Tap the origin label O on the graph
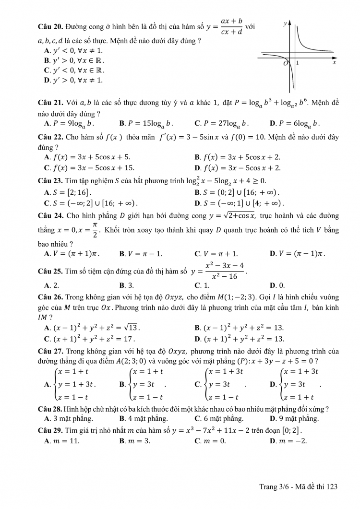[x=286, y=63]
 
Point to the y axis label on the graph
[x=285, y=23]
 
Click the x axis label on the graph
[x=334, y=62]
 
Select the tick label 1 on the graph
[x=297, y=63]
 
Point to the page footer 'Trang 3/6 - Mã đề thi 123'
[x=299, y=486]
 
